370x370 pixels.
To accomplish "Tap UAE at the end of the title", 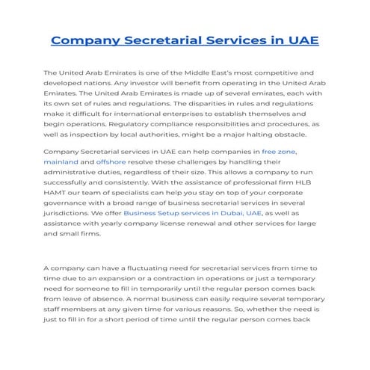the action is [300, 40].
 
